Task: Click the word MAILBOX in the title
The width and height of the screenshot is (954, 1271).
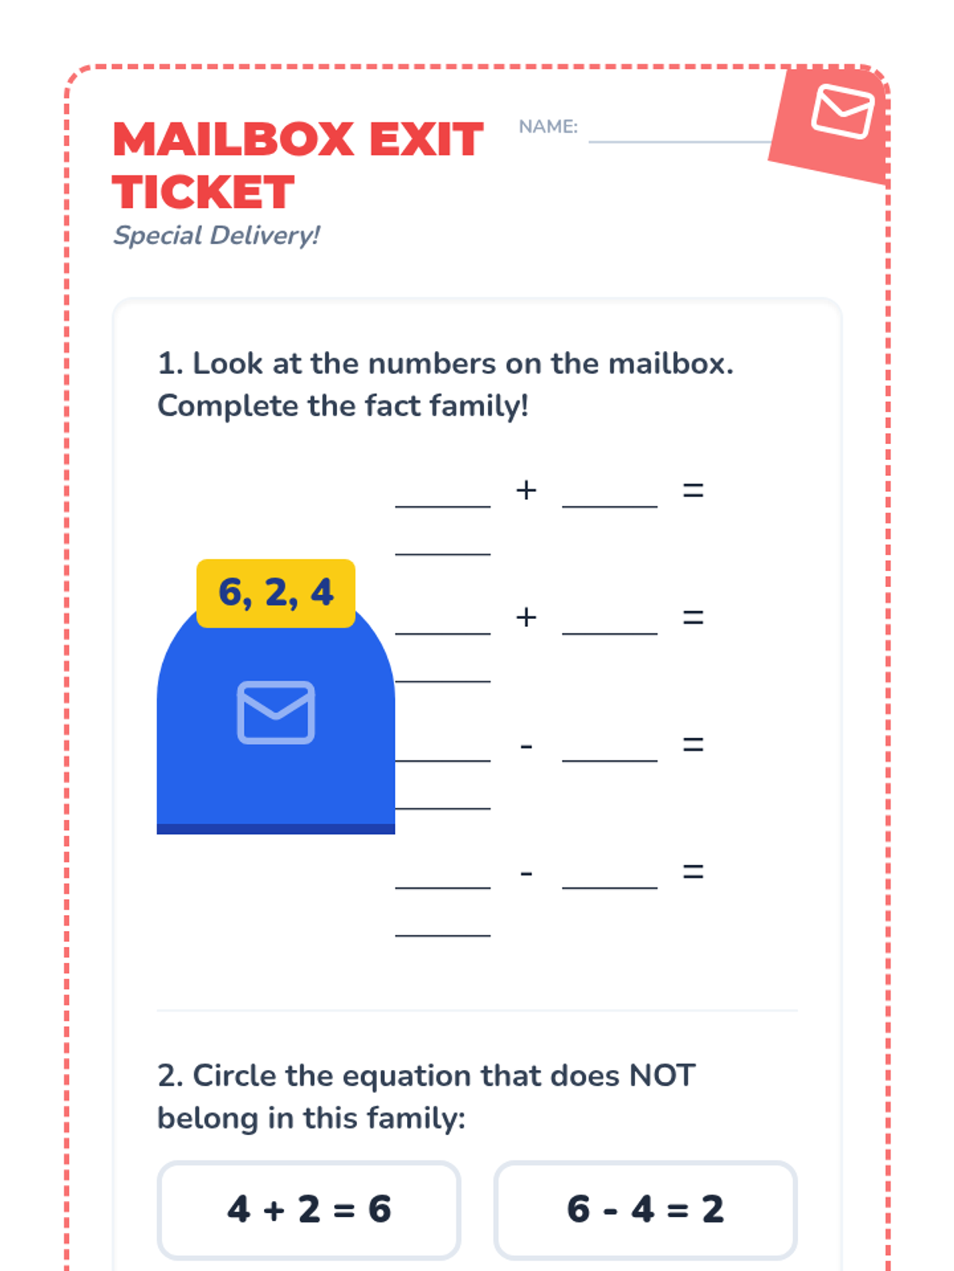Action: (234, 140)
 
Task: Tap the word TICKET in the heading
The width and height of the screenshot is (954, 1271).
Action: (204, 192)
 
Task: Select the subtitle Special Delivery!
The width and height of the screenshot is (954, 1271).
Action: (216, 236)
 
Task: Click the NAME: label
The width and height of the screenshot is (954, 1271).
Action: (548, 126)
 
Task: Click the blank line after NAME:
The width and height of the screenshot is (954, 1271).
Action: (680, 141)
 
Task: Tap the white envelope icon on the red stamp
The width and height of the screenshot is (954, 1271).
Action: (843, 111)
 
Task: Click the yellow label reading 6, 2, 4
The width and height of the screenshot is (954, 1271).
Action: (276, 593)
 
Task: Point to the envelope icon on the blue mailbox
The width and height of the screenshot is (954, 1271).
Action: (276, 713)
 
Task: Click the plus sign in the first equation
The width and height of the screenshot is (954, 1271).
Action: (526, 490)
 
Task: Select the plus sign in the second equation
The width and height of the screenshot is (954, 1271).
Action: (526, 617)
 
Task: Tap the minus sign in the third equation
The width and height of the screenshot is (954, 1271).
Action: (526, 747)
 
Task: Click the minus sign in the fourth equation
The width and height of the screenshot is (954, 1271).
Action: (526, 873)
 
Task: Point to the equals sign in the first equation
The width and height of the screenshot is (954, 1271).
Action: (692, 490)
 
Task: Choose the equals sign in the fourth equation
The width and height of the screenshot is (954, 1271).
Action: (692, 871)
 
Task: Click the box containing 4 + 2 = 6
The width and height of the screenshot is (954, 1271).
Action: (308, 1210)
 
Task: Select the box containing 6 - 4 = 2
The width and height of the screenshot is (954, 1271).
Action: (646, 1210)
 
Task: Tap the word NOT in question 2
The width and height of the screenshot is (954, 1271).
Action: (662, 1076)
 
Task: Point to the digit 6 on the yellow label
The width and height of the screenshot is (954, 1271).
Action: (231, 593)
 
